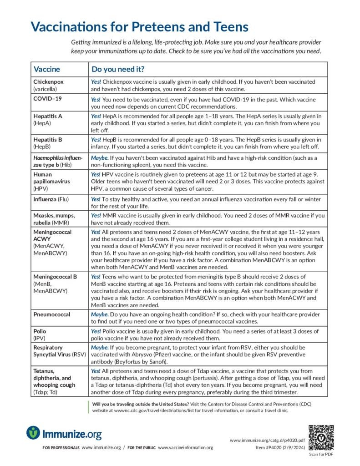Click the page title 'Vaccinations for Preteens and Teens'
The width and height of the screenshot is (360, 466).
tap(140, 26)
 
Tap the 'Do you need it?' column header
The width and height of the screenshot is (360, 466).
tap(118, 69)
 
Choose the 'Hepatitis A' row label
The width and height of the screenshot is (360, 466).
tap(48, 116)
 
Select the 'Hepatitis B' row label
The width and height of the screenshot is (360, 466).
tap(48, 140)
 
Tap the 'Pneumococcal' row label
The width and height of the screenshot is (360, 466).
tap(52, 314)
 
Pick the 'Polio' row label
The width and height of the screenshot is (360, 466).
tap(40, 331)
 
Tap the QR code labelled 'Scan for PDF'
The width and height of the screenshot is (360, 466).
tap(321, 437)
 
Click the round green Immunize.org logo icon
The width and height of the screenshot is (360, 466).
tap(33, 433)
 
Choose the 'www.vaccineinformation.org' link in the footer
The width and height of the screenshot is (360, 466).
tap(185, 448)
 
